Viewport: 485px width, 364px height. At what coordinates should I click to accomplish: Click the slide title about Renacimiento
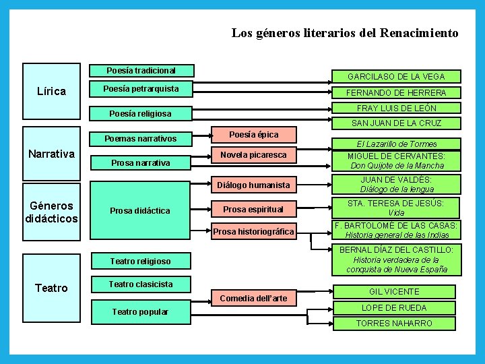(x=345, y=32)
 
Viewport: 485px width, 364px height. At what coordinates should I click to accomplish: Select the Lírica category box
(x=51, y=90)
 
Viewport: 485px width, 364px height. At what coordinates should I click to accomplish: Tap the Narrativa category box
(x=51, y=154)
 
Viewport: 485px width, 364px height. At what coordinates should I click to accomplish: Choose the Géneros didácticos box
(x=51, y=212)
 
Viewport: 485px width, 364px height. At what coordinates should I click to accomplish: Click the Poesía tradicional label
(x=141, y=70)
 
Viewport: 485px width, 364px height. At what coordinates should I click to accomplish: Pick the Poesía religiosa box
(x=141, y=114)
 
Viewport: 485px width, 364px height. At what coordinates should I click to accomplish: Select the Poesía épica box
(x=254, y=134)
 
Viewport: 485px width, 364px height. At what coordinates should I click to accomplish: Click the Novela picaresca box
(x=254, y=155)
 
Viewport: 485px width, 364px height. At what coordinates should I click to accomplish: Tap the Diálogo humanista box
(x=254, y=185)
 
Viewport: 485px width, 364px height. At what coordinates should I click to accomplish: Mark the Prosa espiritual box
(x=254, y=209)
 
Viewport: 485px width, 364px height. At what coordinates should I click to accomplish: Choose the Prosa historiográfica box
(x=254, y=232)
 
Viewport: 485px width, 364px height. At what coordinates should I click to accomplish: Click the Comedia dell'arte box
(x=254, y=298)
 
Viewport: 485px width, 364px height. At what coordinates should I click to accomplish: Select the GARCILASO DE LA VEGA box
(x=395, y=76)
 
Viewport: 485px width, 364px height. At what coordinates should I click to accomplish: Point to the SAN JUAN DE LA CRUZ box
(x=395, y=123)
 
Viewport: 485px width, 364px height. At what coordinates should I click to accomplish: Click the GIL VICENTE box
(x=394, y=292)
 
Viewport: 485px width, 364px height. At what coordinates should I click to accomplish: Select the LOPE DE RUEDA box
(x=394, y=307)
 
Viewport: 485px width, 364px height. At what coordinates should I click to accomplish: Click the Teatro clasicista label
(x=141, y=284)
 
